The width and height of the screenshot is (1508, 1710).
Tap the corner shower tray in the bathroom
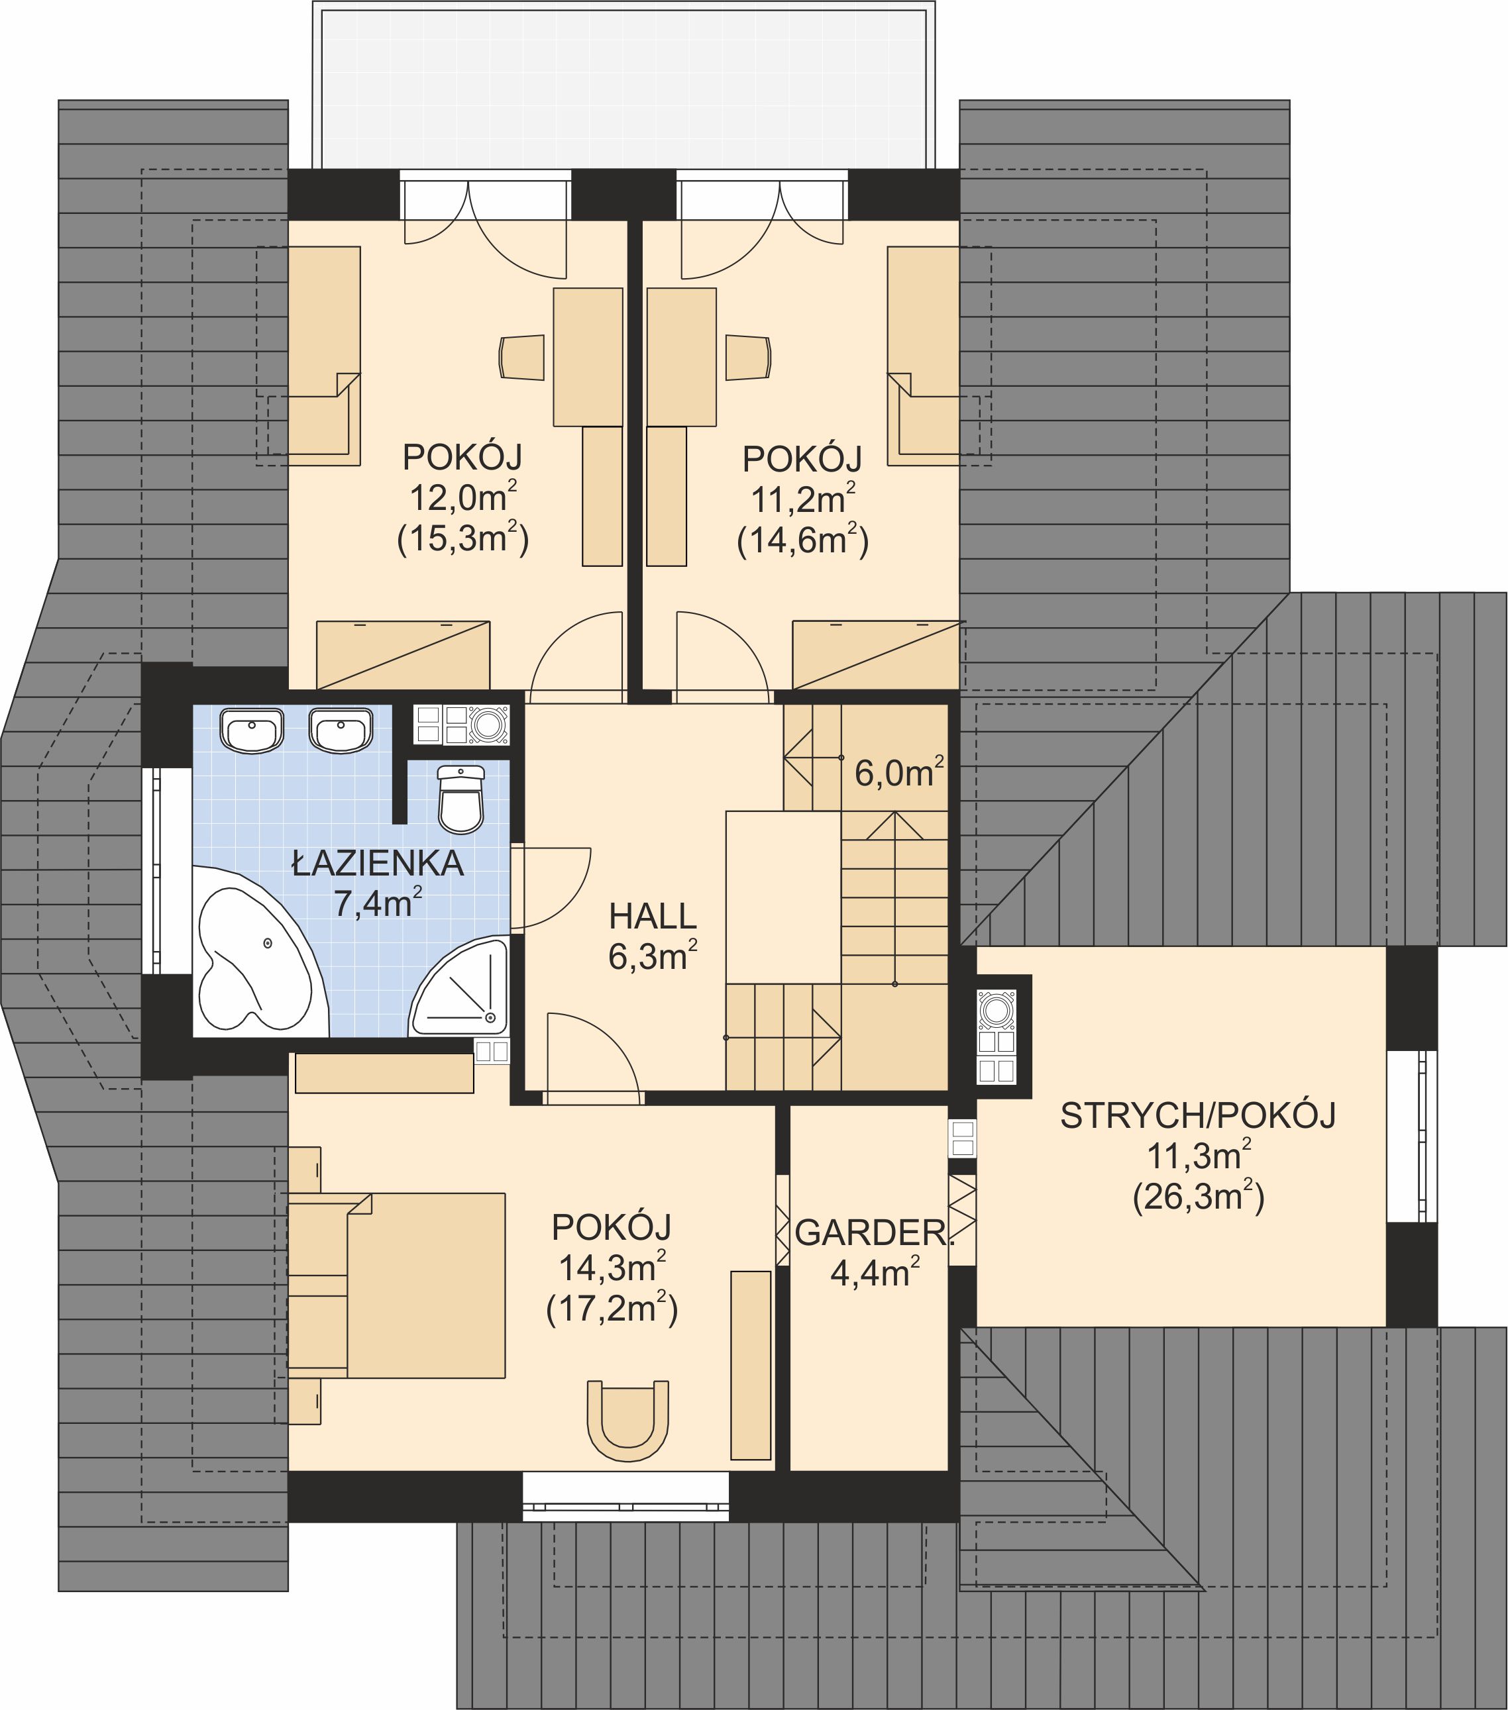point(460,988)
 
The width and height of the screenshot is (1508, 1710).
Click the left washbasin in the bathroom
point(252,730)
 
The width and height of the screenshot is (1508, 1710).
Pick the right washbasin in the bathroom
point(341,730)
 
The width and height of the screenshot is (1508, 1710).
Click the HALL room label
point(653,917)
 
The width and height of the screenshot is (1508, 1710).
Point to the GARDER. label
point(875,1233)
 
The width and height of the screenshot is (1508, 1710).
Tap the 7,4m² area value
point(378,903)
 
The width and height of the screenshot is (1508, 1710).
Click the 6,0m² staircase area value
point(900,772)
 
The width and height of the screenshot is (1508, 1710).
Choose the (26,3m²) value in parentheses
point(1199,1198)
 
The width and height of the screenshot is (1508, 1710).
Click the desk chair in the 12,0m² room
point(522,357)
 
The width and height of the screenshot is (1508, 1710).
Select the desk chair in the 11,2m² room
point(748,357)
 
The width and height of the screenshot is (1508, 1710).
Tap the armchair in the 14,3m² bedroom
point(627,1420)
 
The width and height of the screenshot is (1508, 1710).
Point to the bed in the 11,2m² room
point(923,356)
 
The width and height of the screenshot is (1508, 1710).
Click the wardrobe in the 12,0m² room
point(403,655)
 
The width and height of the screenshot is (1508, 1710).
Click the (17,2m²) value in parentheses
point(612,1309)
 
